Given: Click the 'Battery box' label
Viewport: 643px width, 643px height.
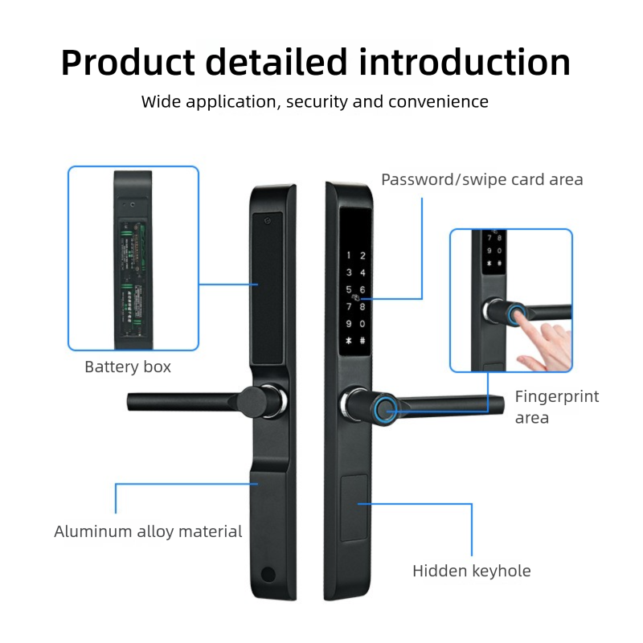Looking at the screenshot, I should [128, 367].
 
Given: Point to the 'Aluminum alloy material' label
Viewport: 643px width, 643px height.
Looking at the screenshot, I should [148, 531].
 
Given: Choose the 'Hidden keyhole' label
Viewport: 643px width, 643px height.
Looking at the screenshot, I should [472, 571].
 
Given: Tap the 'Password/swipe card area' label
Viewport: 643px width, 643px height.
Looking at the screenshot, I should [481, 179].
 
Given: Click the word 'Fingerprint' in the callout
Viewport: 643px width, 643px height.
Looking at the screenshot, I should [557, 396].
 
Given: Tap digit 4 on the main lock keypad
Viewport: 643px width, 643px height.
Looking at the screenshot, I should [363, 273].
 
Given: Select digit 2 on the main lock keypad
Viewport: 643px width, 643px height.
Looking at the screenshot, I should [363, 256].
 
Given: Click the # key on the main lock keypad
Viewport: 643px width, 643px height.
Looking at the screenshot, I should [363, 340].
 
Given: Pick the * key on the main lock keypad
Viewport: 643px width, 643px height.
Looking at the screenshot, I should [349, 340].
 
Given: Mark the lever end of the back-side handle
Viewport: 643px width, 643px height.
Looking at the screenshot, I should [133, 399].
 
